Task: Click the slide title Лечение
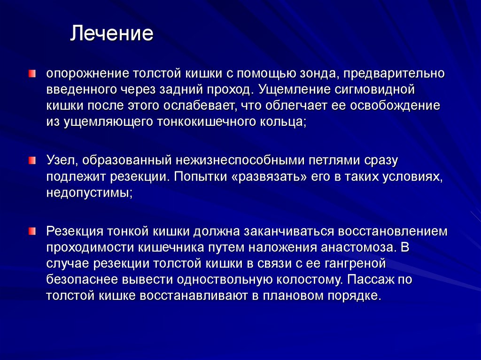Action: pyautogui.click(x=112, y=34)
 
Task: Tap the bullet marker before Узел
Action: pyautogui.click(x=31, y=161)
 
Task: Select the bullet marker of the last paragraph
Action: pyautogui.click(x=31, y=230)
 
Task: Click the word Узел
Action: pyautogui.click(x=61, y=161)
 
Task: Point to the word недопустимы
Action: pyautogui.click(x=88, y=193)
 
